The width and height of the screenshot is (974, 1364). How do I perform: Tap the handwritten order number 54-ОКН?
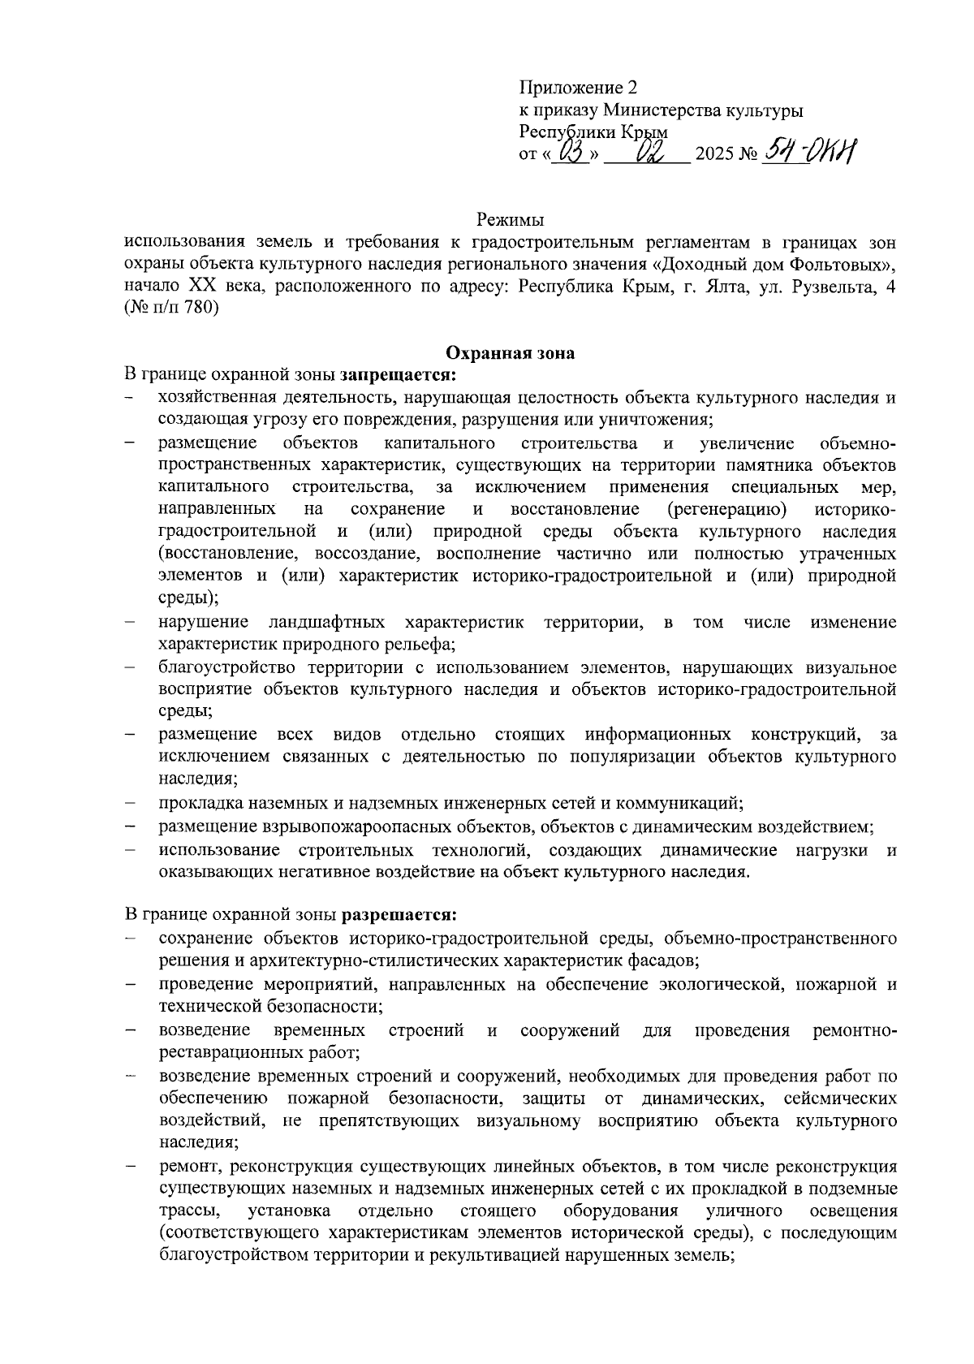808,151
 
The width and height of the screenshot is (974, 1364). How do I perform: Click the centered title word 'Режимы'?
510,220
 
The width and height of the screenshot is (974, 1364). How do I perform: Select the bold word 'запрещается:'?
399,374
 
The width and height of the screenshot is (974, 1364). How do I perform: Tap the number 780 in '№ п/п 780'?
203,309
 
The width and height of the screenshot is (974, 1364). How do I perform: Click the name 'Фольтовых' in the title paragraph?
835,265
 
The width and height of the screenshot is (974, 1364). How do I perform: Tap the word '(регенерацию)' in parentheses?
726,509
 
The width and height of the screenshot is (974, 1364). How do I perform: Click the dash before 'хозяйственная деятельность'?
130,397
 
